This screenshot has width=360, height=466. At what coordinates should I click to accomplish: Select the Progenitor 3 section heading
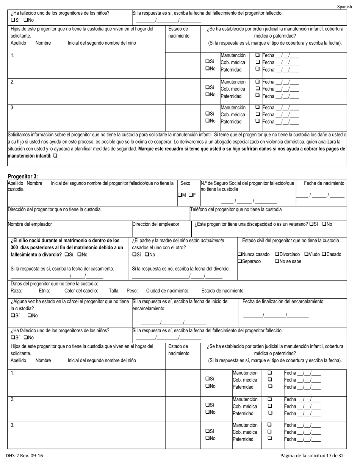point(23,176)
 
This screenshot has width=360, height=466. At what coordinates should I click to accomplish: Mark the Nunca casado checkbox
point(239,254)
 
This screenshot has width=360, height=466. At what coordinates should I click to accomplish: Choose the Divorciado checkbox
point(277,254)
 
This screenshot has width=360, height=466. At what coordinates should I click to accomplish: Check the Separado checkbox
point(239,261)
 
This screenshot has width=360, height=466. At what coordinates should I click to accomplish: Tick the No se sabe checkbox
point(277,261)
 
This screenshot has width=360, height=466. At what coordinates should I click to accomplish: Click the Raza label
point(16,291)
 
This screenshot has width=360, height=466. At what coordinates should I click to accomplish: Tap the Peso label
point(132,291)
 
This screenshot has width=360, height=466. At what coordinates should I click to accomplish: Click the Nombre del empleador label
point(30,224)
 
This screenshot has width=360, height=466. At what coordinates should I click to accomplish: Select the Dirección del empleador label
point(155,224)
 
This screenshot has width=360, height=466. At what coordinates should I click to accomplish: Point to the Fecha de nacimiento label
point(324,183)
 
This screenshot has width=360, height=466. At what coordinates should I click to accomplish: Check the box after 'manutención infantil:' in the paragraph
point(56,155)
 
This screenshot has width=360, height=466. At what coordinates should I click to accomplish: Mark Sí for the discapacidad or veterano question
point(311,224)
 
